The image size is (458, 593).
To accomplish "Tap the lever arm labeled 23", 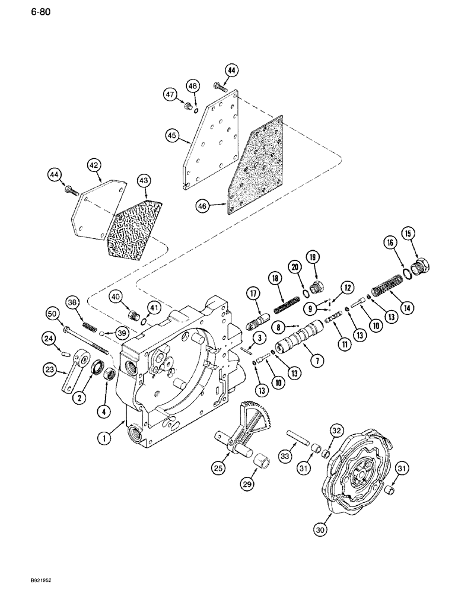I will [x=72, y=375].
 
